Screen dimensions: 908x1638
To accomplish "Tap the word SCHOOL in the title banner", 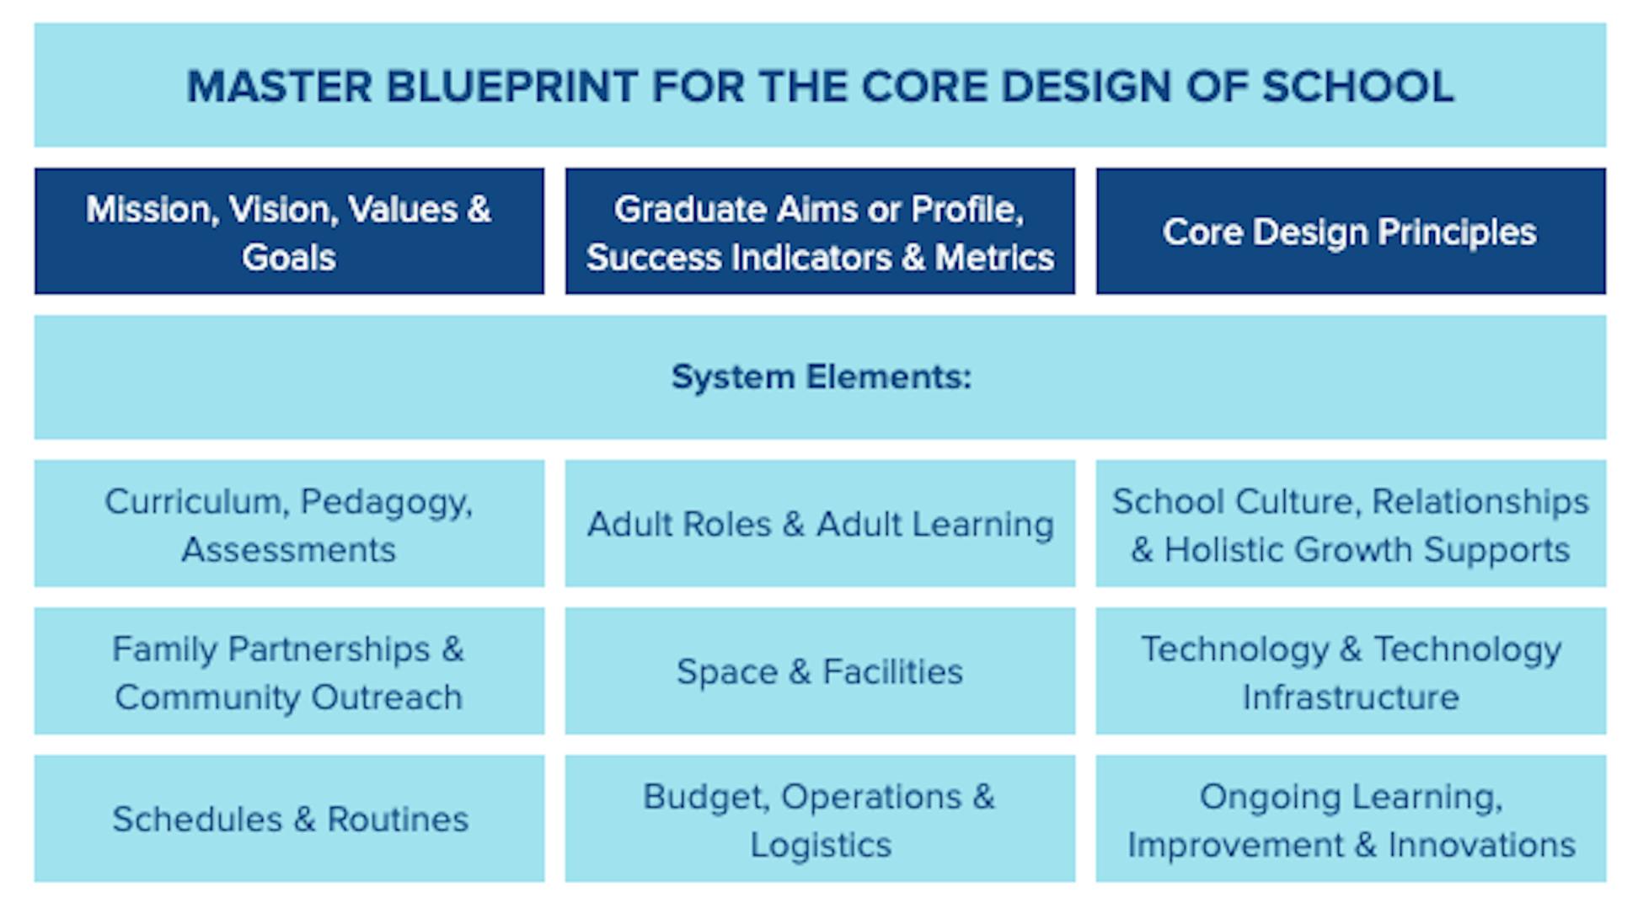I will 1357,87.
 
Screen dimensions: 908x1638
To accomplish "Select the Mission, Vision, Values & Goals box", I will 289,232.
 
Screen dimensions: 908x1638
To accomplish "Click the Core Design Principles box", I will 1350,232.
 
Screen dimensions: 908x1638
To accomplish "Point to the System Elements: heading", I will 821,377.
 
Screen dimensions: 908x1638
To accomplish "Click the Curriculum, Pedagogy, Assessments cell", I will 289,524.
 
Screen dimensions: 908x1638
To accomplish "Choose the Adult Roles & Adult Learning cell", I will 820,524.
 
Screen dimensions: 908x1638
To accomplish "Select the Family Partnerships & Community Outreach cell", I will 289,671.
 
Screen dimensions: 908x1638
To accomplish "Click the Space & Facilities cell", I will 820,671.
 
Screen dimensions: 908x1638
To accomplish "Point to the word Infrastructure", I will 1350,697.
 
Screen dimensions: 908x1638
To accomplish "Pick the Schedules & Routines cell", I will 289,819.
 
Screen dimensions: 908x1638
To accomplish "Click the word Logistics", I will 820,845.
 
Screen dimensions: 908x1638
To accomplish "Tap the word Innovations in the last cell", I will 1481,845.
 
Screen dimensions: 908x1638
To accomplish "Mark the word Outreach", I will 387,697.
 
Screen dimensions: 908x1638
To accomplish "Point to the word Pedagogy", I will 385,502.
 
